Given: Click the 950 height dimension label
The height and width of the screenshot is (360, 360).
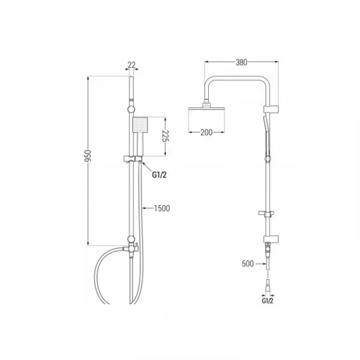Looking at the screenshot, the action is pos(88,155).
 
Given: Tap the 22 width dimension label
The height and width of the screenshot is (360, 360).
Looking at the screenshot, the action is pos(131,65).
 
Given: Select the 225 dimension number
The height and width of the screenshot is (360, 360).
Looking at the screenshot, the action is pos(166,136).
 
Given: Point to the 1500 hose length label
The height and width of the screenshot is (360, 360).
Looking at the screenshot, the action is pos(162,208).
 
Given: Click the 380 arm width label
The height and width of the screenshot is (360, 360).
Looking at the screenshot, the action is pos(242,62).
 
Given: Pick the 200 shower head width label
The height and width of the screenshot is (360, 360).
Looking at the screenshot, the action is pos(206,132).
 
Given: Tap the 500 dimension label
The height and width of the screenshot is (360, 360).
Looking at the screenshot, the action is pos(248,263).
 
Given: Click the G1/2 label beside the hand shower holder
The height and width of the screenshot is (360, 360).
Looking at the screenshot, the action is pos(160,175).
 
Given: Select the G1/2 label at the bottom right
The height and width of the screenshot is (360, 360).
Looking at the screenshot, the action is pos(268,301).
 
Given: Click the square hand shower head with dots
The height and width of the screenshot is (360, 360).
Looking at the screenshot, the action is pos(140,125).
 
